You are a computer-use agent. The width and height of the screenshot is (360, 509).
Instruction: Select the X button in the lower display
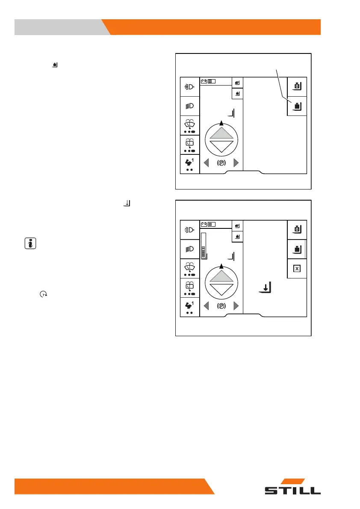coord(297,269)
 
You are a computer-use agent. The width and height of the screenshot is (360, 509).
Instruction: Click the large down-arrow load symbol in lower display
coord(266,288)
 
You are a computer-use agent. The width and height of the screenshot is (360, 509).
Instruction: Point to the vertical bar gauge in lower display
coord(204,245)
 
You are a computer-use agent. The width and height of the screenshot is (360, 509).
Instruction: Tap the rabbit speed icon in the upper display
coord(190,164)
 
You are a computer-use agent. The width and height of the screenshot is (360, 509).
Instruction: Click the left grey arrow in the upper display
coord(206,163)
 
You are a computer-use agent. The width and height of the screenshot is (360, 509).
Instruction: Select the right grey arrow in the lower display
coord(236,307)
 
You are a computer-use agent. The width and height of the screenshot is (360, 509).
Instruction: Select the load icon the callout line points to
coord(297,106)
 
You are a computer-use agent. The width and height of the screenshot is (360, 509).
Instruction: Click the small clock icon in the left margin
coord(43,294)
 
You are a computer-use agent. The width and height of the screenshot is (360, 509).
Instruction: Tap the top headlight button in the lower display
coord(190,230)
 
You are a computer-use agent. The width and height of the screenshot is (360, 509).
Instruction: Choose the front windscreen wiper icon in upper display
coord(190,126)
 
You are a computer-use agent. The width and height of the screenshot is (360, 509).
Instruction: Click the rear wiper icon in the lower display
coord(190,289)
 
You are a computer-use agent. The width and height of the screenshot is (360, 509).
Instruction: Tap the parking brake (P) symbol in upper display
coord(221,163)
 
